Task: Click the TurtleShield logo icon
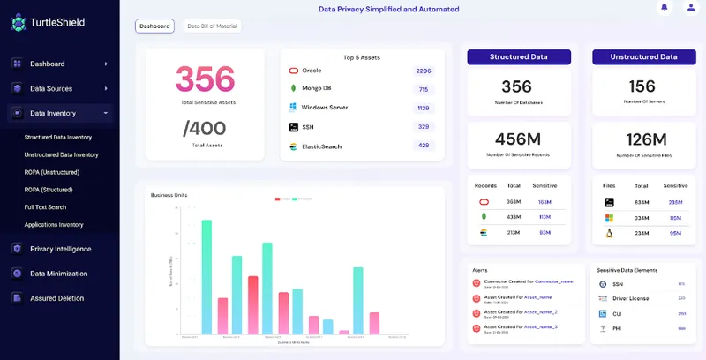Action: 19,22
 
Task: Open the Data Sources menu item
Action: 50,88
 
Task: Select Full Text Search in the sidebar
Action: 45,207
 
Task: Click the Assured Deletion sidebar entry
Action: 56,298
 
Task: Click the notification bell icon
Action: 664,8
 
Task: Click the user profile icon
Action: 690,8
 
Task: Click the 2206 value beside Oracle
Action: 424,71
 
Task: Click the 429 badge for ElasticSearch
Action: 424,146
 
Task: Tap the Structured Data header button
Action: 519,56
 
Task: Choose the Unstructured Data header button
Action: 642,56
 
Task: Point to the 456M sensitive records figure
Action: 517,139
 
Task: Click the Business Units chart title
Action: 169,195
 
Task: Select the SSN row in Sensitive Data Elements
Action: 618,284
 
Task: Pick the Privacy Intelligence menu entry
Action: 60,249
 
